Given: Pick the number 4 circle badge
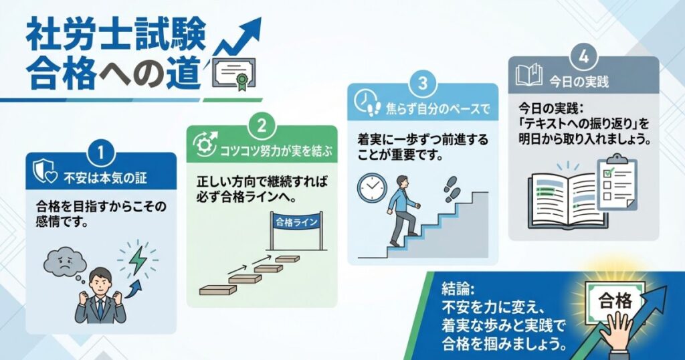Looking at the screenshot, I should coord(583,57).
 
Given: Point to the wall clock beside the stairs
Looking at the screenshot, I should coord(373,187).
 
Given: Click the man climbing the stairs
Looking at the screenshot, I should coord(405,208).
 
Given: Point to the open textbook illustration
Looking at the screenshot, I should coord(562,199).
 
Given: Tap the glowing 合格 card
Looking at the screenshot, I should coord(616,300).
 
